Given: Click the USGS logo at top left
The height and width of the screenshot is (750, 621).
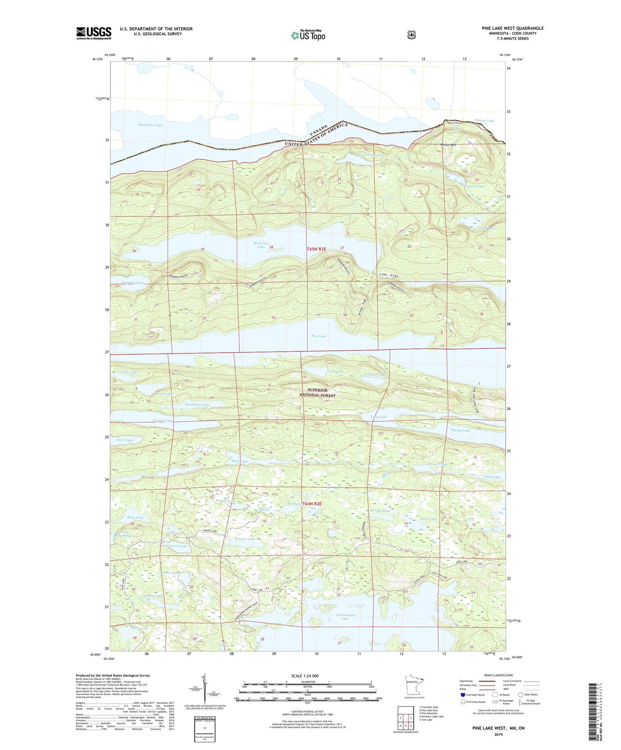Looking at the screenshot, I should click(94, 33).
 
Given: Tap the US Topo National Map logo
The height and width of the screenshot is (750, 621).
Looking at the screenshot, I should click(307, 35).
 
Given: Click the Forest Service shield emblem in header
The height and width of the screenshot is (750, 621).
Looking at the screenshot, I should click(411, 35).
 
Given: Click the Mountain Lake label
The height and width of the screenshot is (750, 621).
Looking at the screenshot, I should click(150, 125).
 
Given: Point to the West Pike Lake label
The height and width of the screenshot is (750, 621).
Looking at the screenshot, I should click(261, 245).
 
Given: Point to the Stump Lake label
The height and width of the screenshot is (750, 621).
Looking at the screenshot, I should click(460, 430).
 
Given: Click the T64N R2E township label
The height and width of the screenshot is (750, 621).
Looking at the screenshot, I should click(312, 503).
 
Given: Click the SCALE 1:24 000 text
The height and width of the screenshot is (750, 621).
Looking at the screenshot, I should click(305, 676).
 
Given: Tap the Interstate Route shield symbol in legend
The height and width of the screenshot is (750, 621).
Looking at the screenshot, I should click(462, 694).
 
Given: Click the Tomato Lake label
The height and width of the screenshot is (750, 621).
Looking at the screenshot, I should click(245, 539).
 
